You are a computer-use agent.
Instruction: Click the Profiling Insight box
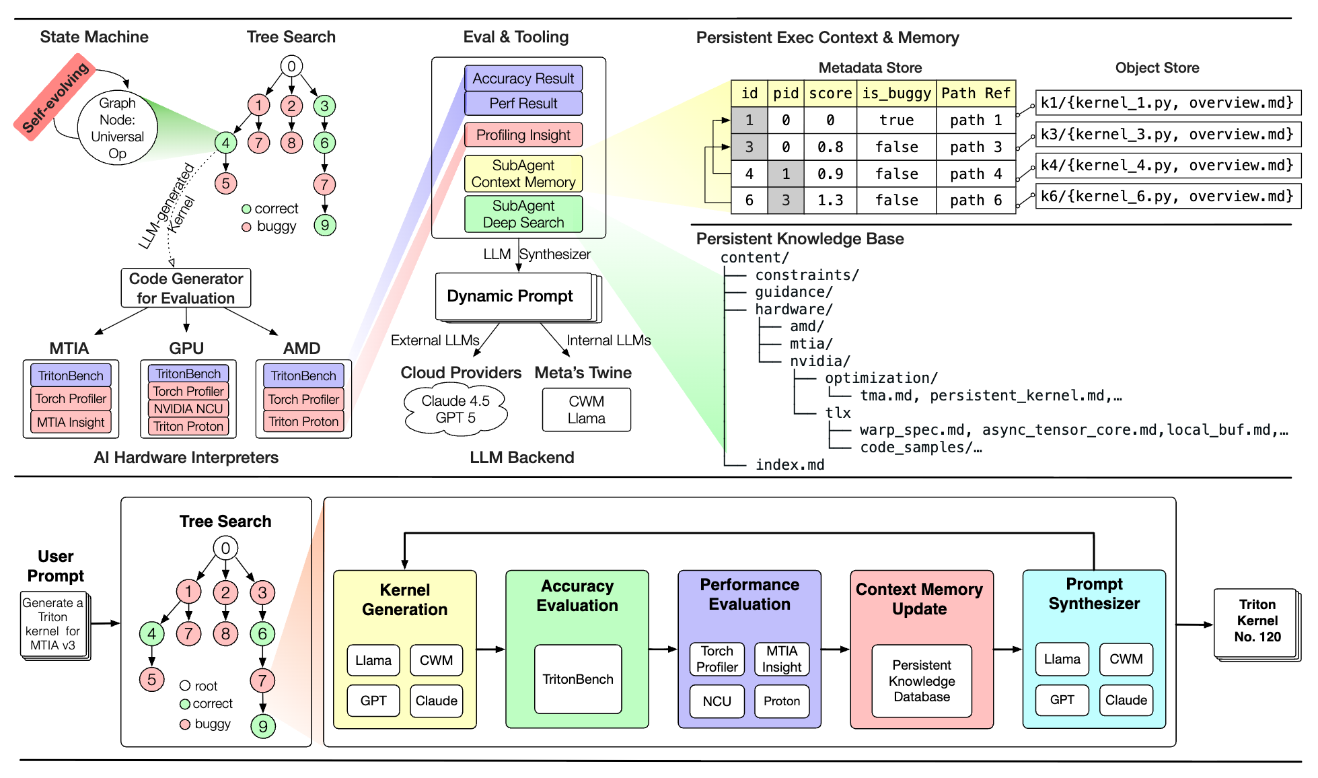[523, 135]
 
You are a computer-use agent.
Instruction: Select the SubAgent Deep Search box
[523, 214]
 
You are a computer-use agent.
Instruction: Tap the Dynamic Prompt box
[514, 296]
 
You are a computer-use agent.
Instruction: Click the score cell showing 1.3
[830, 201]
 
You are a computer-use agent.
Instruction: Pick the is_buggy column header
[896, 93]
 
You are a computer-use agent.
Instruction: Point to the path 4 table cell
[976, 174]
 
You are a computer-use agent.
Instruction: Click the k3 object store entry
[1168, 134]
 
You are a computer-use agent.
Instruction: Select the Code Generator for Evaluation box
[186, 288]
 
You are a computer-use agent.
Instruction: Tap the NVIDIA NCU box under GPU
[188, 409]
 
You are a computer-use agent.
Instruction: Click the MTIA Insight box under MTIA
[71, 422]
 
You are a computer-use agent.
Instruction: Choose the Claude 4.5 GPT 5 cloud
[455, 409]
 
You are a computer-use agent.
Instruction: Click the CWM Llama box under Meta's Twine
[587, 410]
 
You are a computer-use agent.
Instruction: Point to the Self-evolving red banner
[54, 97]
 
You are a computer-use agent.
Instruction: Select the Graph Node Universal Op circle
[118, 128]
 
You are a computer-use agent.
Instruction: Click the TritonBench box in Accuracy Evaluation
[578, 679]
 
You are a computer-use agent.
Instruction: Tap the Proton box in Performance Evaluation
[782, 701]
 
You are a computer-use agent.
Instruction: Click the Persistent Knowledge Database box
[922, 681]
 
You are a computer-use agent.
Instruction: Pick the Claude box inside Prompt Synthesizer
[1126, 700]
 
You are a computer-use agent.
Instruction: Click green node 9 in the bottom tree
[263, 726]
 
